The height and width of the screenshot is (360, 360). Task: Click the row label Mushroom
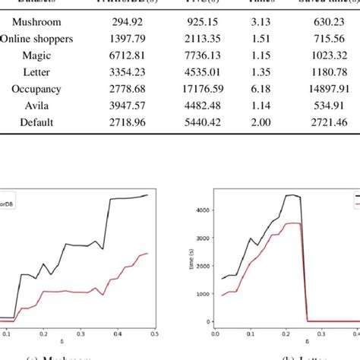point(33,22)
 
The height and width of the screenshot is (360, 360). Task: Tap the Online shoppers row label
point(32,38)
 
